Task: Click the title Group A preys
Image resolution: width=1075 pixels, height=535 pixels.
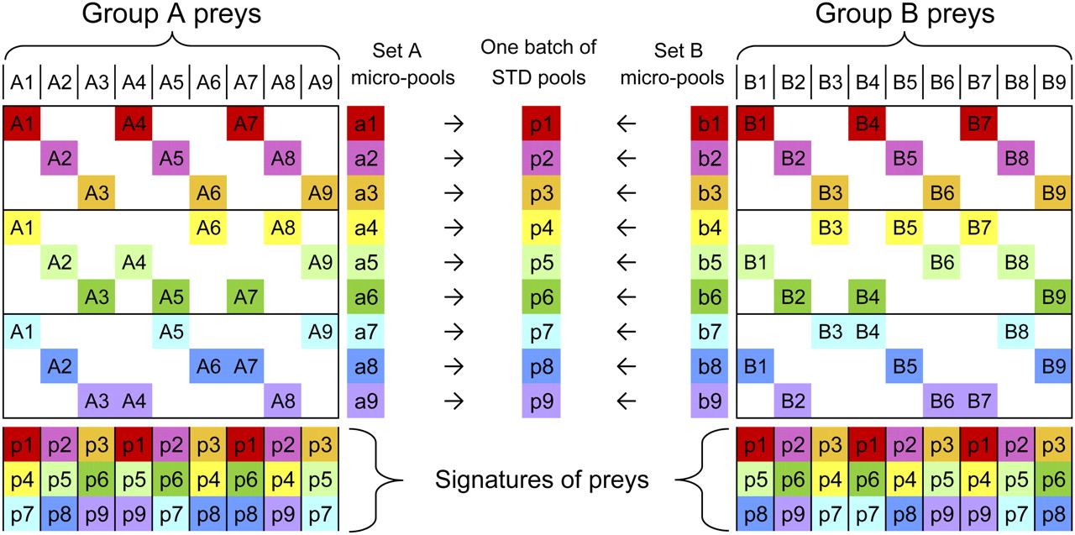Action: click(x=171, y=16)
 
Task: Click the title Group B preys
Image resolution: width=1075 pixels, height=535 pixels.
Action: click(x=904, y=16)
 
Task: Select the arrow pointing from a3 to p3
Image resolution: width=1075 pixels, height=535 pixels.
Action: click(x=454, y=192)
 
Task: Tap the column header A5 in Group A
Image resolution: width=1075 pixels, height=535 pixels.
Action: click(x=171, y=83)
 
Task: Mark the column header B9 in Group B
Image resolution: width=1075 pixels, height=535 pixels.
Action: click(x=1053, y=83)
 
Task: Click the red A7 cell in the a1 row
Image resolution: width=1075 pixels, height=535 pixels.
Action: click(x=245, y=123)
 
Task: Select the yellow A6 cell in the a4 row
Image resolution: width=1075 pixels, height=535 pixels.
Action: click(x=208, y=227)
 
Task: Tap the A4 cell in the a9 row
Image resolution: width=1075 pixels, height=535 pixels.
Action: click(x=134, y=401)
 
